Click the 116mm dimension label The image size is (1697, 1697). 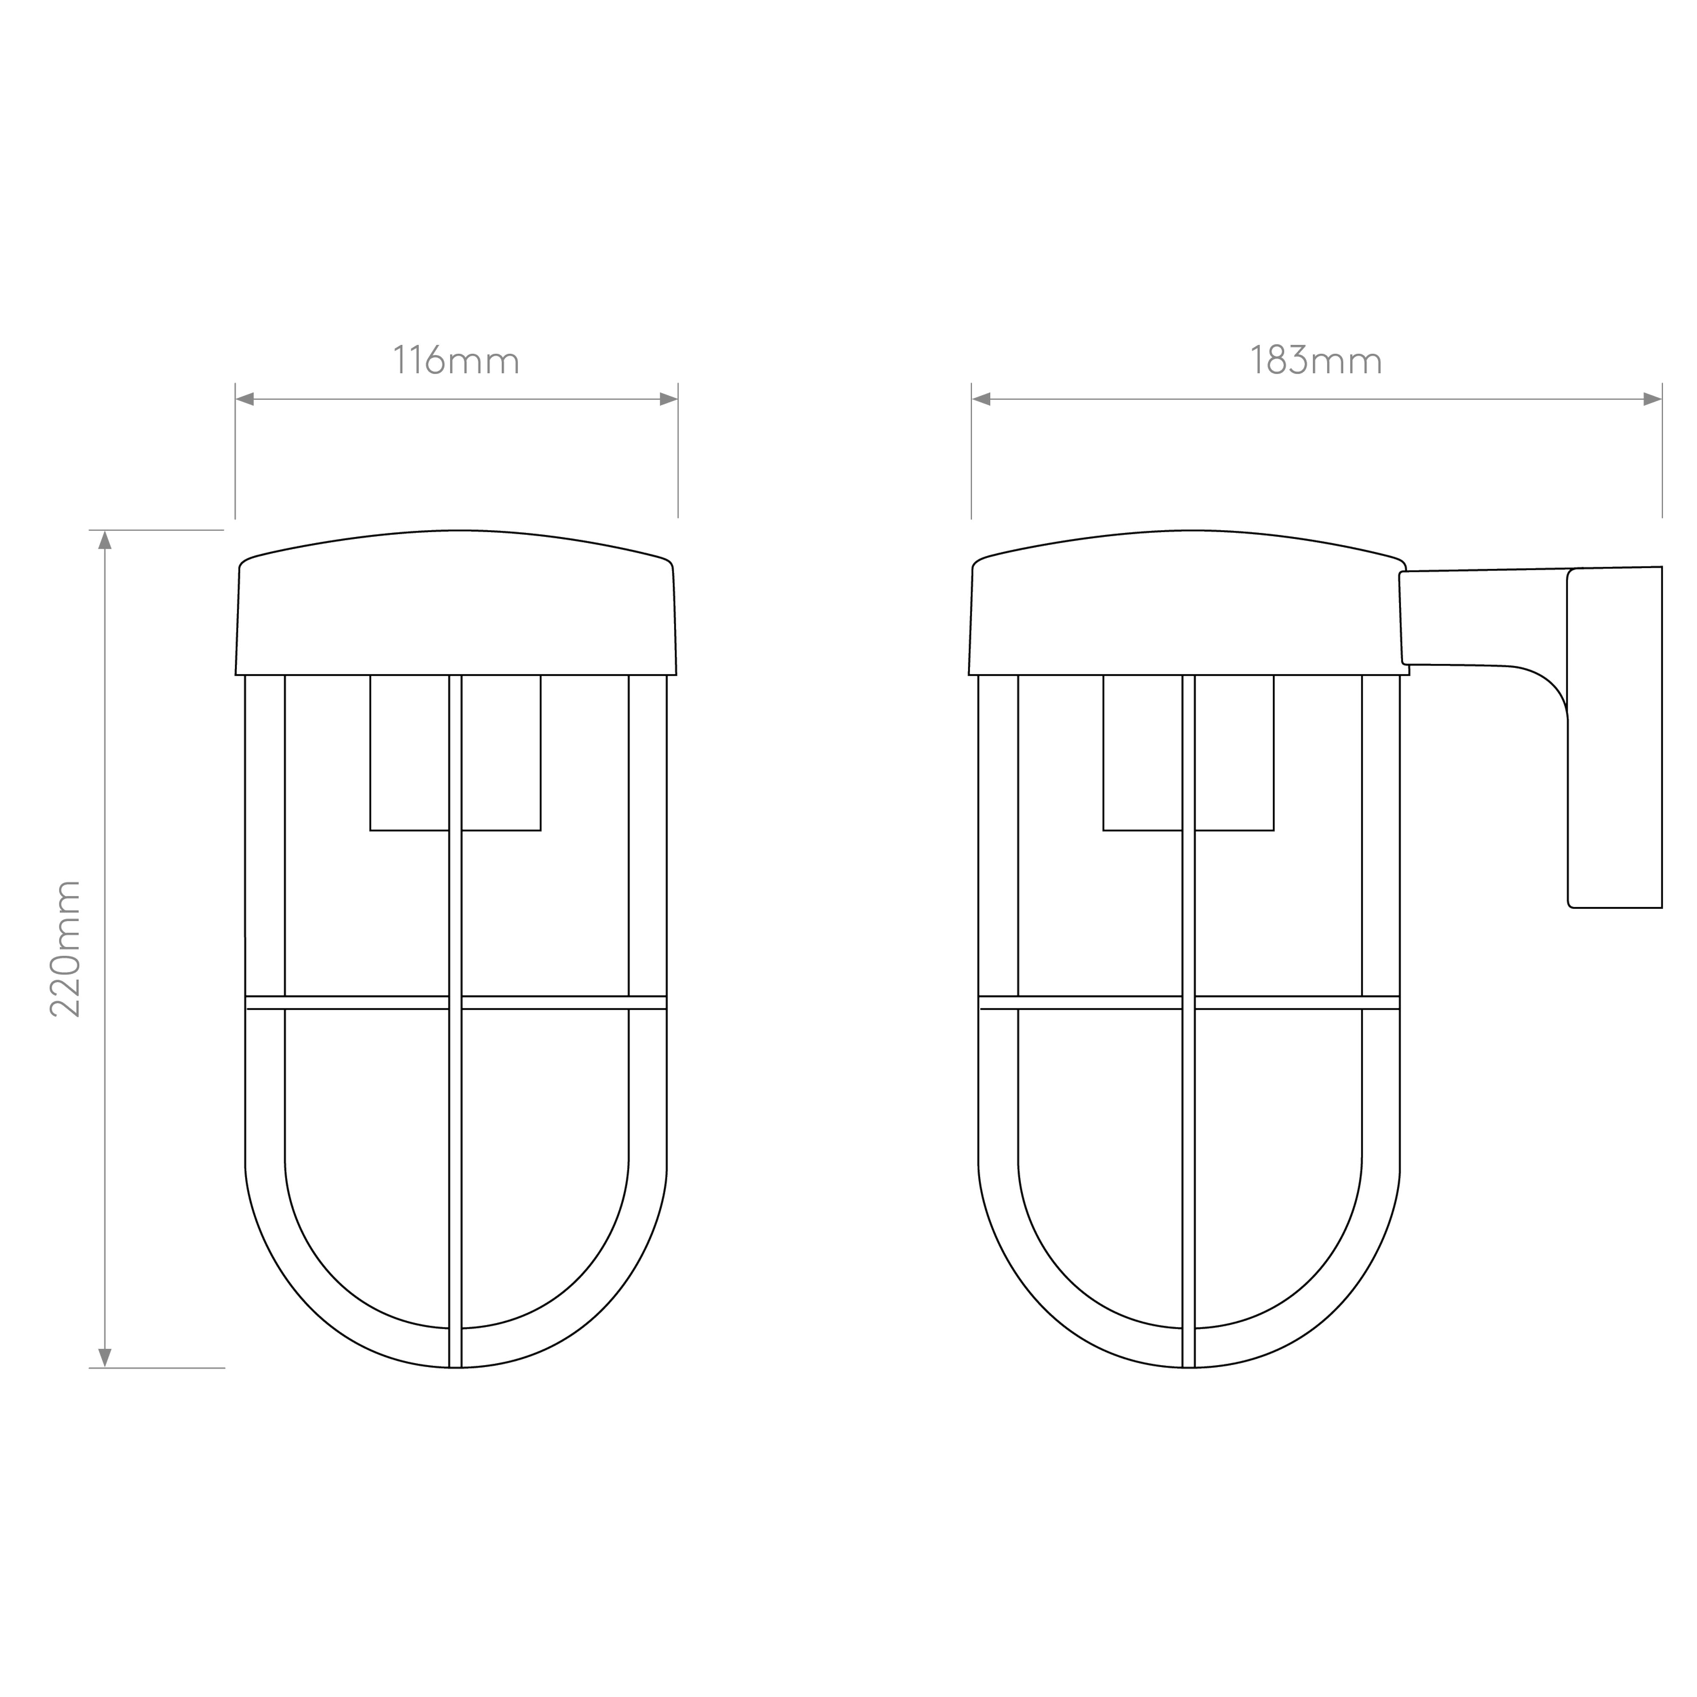coord(456,360)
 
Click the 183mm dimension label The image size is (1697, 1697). coord(1316,360)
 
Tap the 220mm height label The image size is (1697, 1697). coord(65,949)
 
